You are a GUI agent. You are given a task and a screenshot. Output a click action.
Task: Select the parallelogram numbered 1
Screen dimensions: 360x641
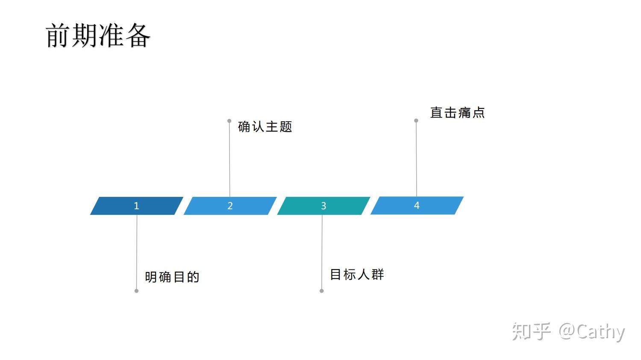(x=137, y=206)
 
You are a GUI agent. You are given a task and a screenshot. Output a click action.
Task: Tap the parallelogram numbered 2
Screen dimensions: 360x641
(x=230, y=206)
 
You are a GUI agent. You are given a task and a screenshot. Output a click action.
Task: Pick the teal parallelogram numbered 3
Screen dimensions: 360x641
(x=323, y=206)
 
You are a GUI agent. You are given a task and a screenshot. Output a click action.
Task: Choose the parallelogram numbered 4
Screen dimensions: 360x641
(x=417, y=205)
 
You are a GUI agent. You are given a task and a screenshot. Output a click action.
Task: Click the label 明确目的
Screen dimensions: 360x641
(x=172, y=277)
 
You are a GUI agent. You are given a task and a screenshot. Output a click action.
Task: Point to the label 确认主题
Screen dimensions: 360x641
(x=265, y=127)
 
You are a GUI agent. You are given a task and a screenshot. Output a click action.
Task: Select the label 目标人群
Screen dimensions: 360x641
(x=357, y=274)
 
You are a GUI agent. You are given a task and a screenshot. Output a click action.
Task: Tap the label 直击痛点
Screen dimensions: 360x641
(x=457, y=113)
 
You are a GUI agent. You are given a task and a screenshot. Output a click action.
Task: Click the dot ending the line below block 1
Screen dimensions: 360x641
(x=136, y=291)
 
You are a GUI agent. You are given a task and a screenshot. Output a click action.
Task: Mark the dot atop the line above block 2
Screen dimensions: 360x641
(x=229, y=121)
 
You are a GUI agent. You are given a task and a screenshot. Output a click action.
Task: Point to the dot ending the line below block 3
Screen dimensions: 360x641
(x=322, y=291)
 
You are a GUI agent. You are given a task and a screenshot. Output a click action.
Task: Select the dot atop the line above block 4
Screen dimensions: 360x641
(x=416, y=120)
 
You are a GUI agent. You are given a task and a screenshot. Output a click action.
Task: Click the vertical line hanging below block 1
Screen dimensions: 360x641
(x=137, y=252)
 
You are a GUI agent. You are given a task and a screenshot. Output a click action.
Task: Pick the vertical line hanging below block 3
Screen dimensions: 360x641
(x=322, y=252)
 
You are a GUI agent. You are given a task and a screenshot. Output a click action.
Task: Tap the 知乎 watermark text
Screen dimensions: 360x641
(x=532, y=331)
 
